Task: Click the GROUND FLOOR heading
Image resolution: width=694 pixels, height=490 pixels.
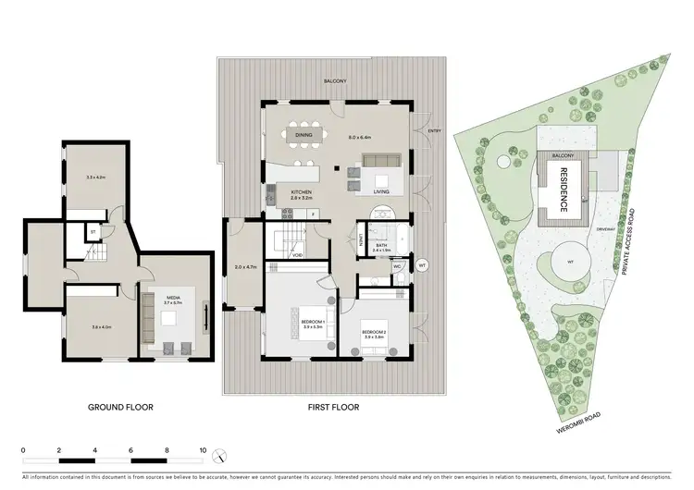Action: (120, 406)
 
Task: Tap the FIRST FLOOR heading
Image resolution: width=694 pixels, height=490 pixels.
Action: (334, 406)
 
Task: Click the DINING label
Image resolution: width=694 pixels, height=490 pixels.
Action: (304, 135)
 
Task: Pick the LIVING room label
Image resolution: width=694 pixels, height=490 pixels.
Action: (381, 191)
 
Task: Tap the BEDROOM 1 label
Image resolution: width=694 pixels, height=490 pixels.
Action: (300, 322)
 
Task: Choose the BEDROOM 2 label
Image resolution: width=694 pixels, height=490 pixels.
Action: (373, 331)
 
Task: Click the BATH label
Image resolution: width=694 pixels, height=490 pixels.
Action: (379, 245)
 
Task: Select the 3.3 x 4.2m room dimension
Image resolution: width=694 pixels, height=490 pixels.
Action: (96, 177)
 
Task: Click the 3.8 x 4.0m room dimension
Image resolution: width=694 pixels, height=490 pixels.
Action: (101, 327)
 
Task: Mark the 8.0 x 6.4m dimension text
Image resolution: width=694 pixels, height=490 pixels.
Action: (359, 137)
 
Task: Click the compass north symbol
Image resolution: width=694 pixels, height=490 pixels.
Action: (219, 454)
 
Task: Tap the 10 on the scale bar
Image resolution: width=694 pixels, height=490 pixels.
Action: (203, 450)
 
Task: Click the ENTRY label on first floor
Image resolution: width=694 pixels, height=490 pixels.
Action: (434, 131)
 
